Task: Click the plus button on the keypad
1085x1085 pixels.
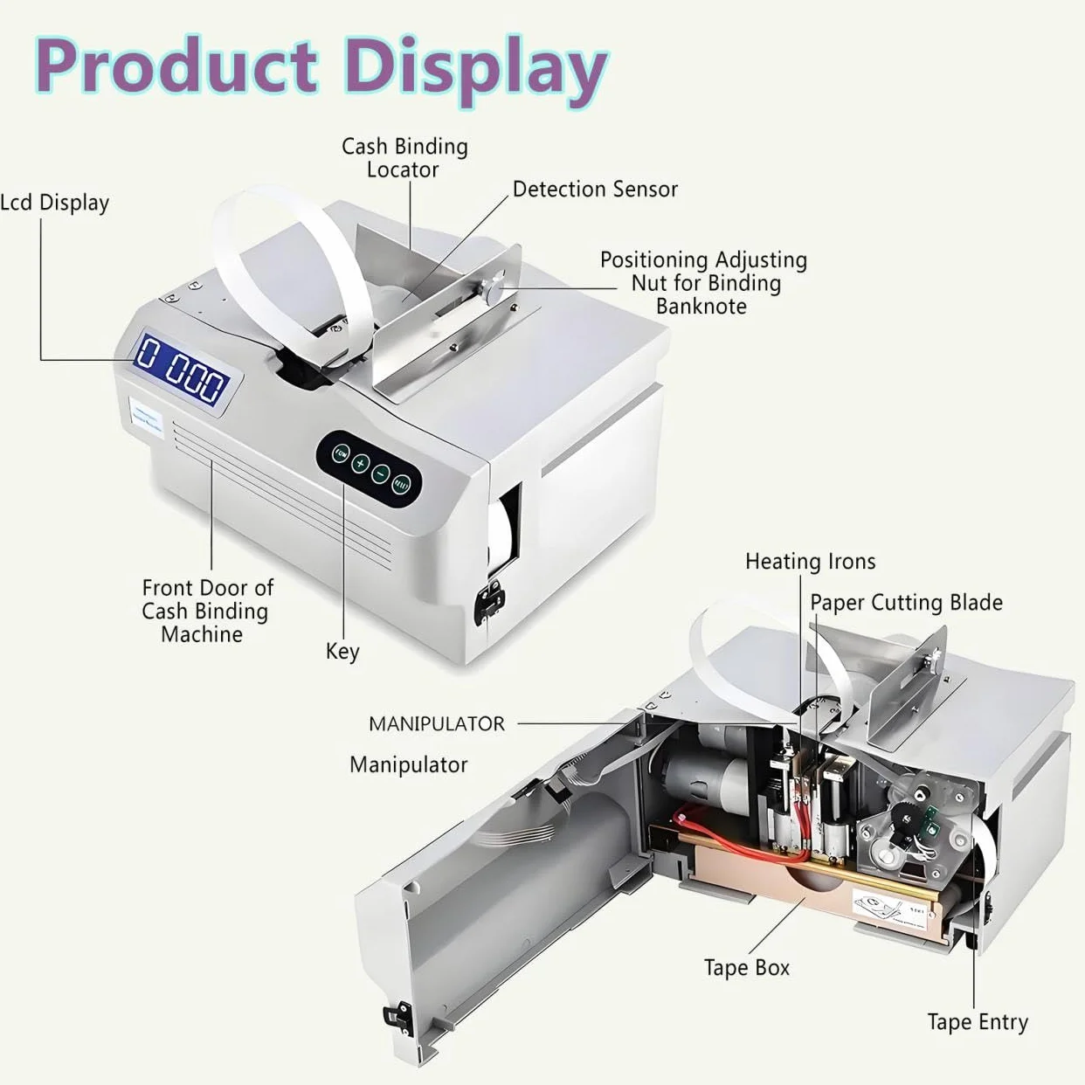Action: [x=360, y=463]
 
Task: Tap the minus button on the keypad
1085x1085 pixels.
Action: [x=381, y=473]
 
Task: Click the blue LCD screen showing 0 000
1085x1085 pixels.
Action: [x=182, y=374]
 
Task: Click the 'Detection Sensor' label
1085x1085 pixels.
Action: [x=595, y=190]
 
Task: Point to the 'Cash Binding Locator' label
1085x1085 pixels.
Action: [x=404, y=158]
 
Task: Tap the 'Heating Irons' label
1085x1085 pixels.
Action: [x=810, y=562]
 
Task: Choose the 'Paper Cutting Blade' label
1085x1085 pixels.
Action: [x=907, y=603]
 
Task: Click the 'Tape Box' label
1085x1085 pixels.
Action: [x=747, y=968]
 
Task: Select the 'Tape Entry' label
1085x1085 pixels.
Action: [x=978, y=1022]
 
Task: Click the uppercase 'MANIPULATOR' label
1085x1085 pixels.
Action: [x=437, y=724]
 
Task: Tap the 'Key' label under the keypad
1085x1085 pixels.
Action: [x=342, y=652]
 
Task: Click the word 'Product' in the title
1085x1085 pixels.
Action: [x=176, y=65]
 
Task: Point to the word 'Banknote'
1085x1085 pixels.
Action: [x=701, y=307]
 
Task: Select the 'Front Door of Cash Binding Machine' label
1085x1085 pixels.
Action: [x=207, y=611]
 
